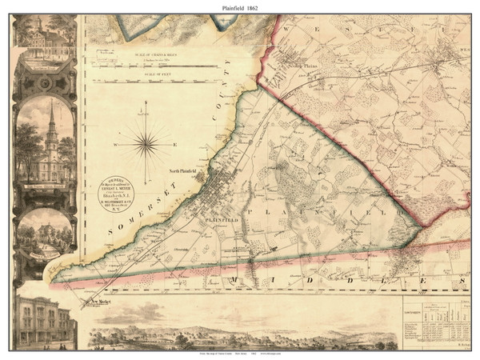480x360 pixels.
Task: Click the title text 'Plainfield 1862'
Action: point(240,7)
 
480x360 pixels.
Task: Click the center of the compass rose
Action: point(146,145)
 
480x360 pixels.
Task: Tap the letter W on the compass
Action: point(117,145)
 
